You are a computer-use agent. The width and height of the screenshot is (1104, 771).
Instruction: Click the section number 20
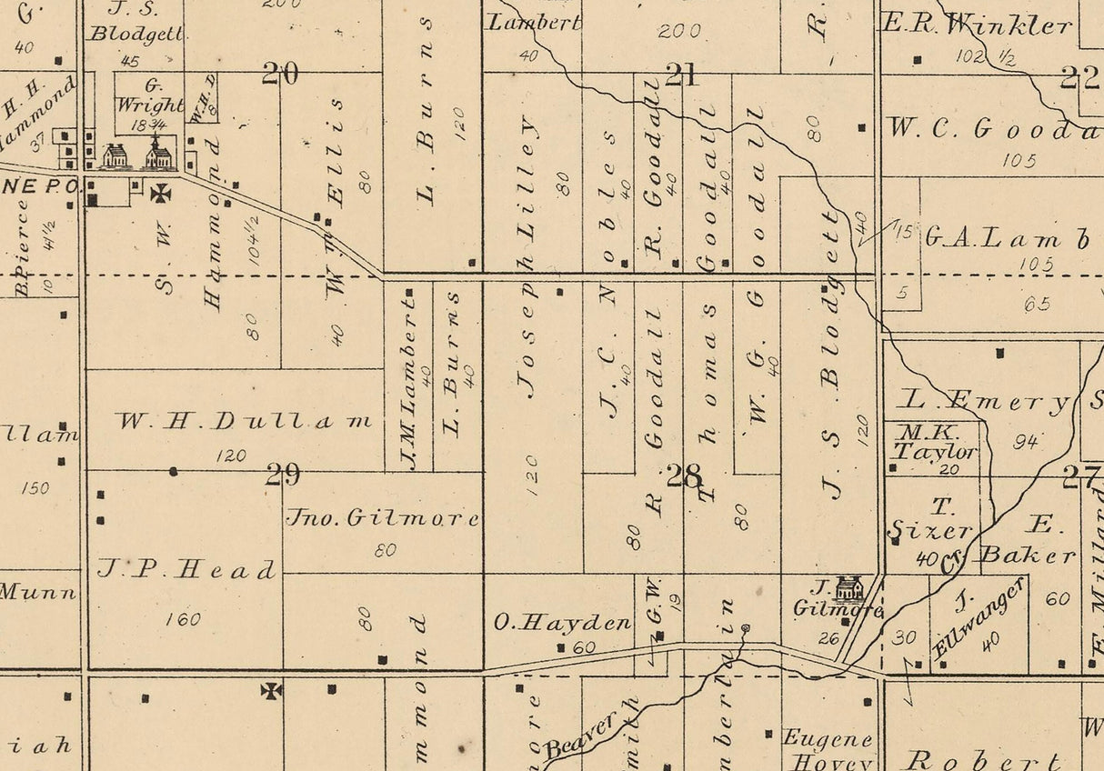(x=280, y=74)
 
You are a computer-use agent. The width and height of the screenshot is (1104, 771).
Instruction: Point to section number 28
(x=684, y=475)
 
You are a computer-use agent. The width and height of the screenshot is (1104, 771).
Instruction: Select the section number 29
(x=282, y=474)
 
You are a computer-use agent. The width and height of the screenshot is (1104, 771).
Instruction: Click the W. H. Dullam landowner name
(x=245, y=422)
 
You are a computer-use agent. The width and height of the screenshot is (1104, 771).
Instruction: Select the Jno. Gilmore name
(x=382, y=518)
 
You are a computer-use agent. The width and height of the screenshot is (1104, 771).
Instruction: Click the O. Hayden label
(x=562, y=623)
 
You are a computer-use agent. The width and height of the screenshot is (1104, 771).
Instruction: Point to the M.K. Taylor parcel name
(x=934, y=442)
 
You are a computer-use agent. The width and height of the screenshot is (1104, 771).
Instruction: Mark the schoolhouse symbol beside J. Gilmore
(x=849, y=587)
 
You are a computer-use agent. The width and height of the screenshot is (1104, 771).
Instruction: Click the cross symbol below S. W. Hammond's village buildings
(x=161, y=193)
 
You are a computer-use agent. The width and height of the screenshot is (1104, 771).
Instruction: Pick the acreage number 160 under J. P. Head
(x=184, y=620)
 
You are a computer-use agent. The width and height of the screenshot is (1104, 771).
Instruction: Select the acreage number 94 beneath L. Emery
(x=1026, y=442)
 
